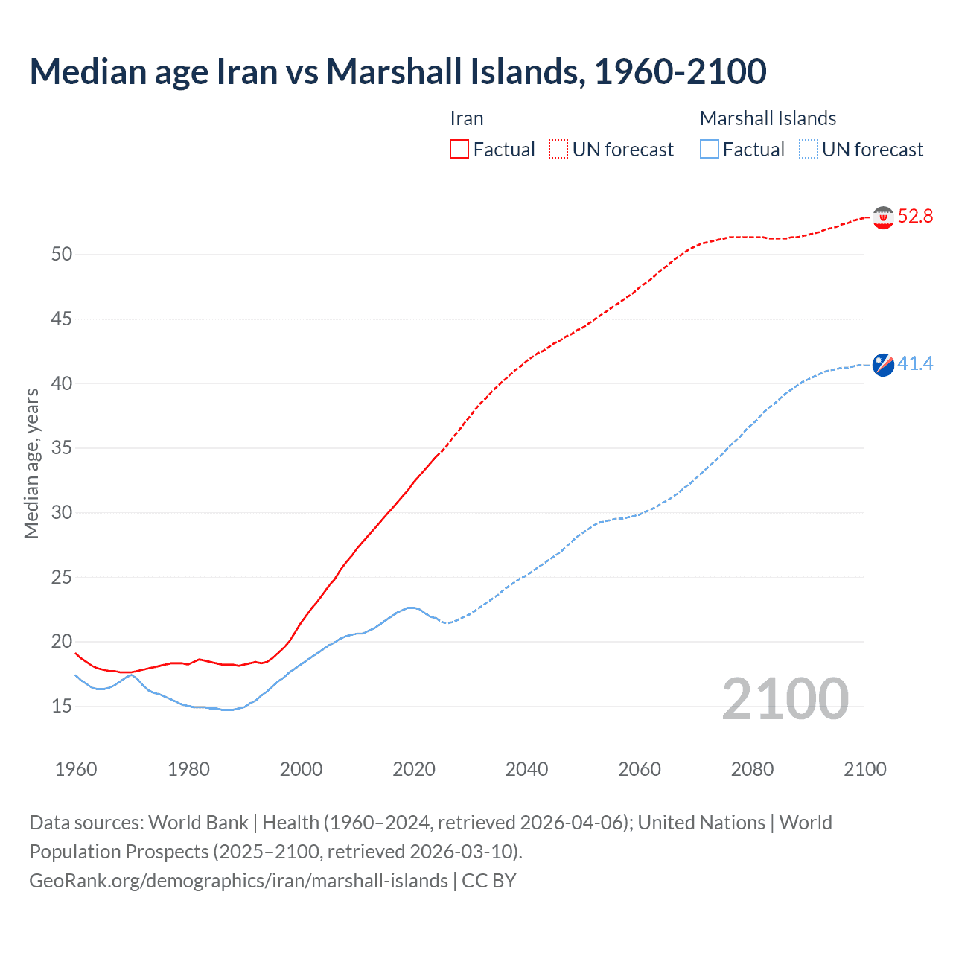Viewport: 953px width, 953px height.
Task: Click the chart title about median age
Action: pyautogui.click(x=398, y=71)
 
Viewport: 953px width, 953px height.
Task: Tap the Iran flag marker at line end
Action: pyautogui.click(x=883, y=217)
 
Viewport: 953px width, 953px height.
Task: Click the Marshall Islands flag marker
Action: pyautogui.click(x=883, y=365)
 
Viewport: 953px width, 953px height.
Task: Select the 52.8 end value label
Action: pyautogui.click(x=915, y=217)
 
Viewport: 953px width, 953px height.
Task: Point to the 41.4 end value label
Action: pyautogui.click(x=915, y=364)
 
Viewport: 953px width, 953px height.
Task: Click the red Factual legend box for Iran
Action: pyautogui.click(x=459, y=150)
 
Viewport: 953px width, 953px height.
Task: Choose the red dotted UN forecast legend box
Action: pyautogui.click(x=558, y=150)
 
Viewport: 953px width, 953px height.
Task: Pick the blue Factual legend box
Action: pyautogui.click(x=710, y=150)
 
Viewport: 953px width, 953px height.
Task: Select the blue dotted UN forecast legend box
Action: pyautogui.click(x=809, y=150)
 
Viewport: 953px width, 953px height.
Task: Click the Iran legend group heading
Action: pyautogui.click(x=467, y=118)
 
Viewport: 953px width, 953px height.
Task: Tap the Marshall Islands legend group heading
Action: pyautogui.click(x=768, y=118)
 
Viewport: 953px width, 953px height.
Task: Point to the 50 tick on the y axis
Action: pyautogui.click(x=62, y=255)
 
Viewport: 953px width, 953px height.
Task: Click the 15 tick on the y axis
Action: pyautogui.click(x=62, y=706)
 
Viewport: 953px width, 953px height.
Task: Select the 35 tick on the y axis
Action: pyautogui.click(x=62, y=448)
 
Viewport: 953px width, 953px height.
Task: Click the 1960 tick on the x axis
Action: pyautogui.click(x=76, y=769)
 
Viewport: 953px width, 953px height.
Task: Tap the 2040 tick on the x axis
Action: pyautogui.click(x=526, y=769)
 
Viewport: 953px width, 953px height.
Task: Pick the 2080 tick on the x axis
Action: pyautogui.click(x=752, y=769)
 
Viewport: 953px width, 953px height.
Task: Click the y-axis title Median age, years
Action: pyautogui.click(x=31, y=463)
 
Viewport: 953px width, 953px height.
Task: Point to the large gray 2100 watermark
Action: pyautogui.click(x=785, y=699)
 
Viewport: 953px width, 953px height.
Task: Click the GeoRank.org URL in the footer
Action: pyautogui.click(x=238, y=881)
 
